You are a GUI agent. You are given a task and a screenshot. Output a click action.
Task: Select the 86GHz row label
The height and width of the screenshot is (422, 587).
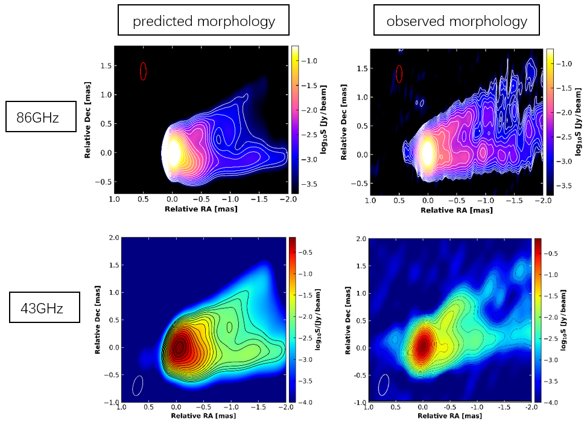click(40, 117)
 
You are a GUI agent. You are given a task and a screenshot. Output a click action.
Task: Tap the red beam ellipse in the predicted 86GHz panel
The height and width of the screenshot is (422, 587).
click(143, 71)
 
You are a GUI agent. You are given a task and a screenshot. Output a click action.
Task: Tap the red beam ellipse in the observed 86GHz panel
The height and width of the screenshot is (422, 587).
click(399, 74)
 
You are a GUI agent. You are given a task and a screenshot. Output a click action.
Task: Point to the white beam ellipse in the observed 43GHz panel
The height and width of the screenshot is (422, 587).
click(384, 384)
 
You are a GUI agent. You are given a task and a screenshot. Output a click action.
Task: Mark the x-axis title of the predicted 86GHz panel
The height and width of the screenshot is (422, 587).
click(201, 209)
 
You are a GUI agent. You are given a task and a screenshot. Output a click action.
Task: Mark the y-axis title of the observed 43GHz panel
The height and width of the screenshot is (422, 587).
click(348, 320)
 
